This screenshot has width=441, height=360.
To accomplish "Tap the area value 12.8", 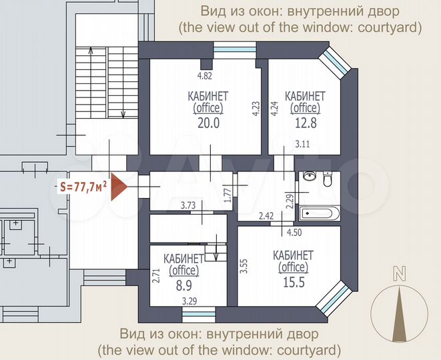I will point(304,122).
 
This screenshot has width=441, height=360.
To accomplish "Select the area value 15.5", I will point(292,283).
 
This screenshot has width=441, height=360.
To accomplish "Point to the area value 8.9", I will point(183,285).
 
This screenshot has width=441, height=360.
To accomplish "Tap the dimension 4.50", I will point(294,232).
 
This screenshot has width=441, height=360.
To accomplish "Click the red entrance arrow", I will point(117,187).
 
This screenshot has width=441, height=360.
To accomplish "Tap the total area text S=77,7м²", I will point(81,187).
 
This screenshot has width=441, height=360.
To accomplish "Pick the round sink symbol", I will point(309,177).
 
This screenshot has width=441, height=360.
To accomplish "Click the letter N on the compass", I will point(400,272).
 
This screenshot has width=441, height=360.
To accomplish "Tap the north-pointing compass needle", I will point(400,313).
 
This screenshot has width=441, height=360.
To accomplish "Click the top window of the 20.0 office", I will point(234,51).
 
